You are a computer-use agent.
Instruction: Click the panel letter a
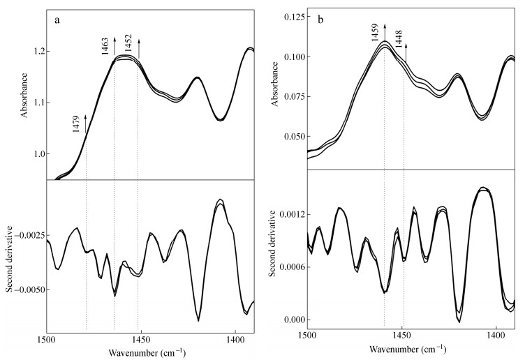click(x=57, y=21)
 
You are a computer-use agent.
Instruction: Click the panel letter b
click(x=320, y=21)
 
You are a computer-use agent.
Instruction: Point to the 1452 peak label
click(x=128, y=45)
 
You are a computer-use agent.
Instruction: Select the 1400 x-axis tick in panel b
click(x=496, y=336)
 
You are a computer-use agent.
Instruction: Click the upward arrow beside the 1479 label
click(x=86, y=123)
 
